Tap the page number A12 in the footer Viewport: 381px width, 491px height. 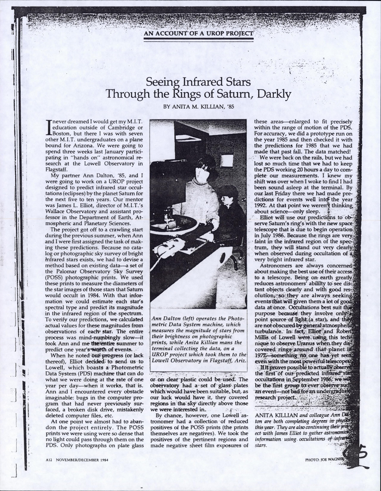pyautogui.click(x=49, y=460)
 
